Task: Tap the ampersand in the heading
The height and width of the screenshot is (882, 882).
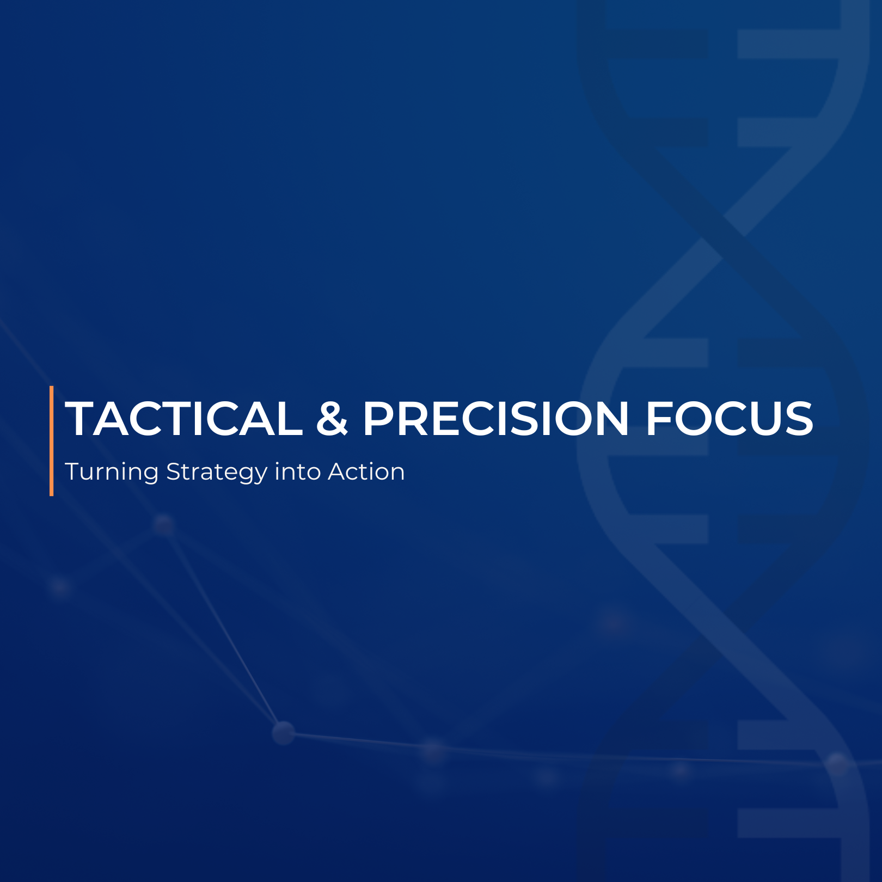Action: [x=332, y=419]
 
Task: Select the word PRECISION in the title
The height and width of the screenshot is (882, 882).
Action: [x=496, y=419]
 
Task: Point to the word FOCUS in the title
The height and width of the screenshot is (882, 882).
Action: [x=730, y=419]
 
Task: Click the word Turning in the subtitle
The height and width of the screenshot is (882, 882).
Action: [x=112, y=472]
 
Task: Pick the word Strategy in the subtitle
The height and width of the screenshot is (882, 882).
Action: [x=217, y=472]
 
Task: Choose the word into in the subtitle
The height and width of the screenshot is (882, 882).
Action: [x=298, y=471]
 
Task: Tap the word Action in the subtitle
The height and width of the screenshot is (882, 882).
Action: [x=366, y=471]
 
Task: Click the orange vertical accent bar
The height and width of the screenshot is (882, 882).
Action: [x=52, y=441]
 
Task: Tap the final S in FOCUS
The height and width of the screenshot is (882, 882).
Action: [x=799, y=419]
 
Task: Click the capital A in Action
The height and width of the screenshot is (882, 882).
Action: [x=339, y=471]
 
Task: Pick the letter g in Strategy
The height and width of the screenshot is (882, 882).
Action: [x=243, y=475]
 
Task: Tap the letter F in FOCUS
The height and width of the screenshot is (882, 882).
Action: [x=658, y=419]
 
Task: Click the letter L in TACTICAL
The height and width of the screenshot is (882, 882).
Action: [x=290, y=419]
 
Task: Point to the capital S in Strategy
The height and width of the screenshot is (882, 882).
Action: [x=174, y=471]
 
